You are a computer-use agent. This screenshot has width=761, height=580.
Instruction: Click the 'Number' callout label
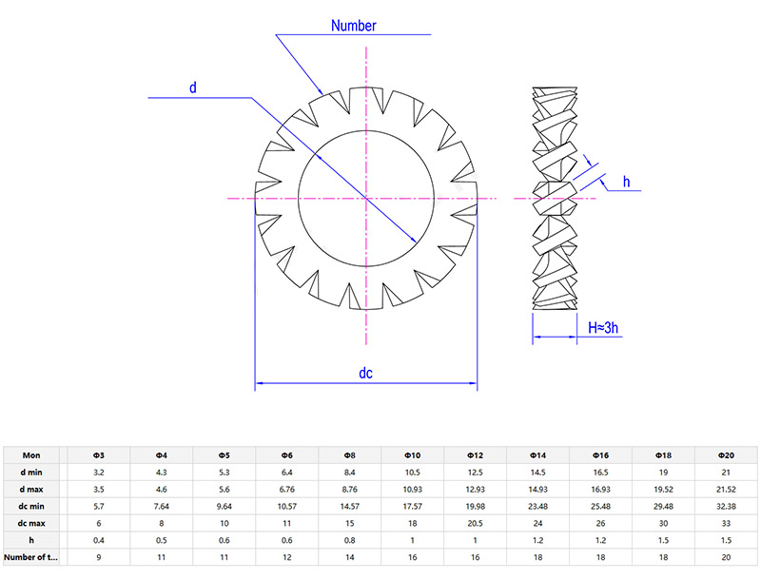(354, 26)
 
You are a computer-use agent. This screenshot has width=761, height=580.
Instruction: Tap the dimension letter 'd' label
(192, 87)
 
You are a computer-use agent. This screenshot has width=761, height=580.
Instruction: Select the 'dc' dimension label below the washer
(364, 373)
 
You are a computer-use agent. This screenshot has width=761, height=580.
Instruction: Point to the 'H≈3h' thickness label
(604, 327)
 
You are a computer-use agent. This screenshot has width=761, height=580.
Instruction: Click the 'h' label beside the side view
(626, 182)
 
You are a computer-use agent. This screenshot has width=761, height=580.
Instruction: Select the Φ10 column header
(412, 455)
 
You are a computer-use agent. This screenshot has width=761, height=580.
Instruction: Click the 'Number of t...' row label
(31, 556)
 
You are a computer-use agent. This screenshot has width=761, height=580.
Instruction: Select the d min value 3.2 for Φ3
(98, 473)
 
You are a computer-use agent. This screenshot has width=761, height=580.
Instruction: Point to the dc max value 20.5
(475, 523)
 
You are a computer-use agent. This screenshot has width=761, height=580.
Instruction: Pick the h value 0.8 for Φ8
(349, 539)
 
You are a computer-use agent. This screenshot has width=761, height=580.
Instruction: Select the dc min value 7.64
(161, 506)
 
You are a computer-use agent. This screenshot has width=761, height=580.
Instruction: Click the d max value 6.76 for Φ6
(286, 489)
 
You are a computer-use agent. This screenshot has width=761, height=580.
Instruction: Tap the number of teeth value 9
(98, 556)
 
